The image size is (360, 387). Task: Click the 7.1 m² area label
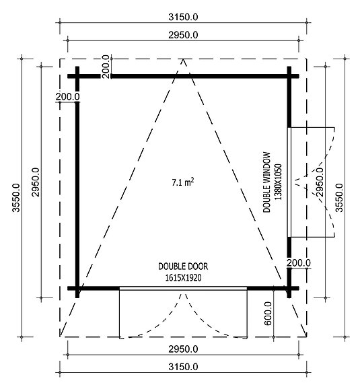[x=183, y=181]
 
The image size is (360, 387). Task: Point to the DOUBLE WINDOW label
[x=267, y=182]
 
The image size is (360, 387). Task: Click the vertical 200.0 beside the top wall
[x=106, y=66]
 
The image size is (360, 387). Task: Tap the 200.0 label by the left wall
[x=68, y=96]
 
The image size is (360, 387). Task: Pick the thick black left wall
[x=77, y=182]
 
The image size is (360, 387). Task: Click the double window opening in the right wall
[x=289, y=182]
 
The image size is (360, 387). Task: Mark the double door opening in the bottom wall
[x=183, y=288]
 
